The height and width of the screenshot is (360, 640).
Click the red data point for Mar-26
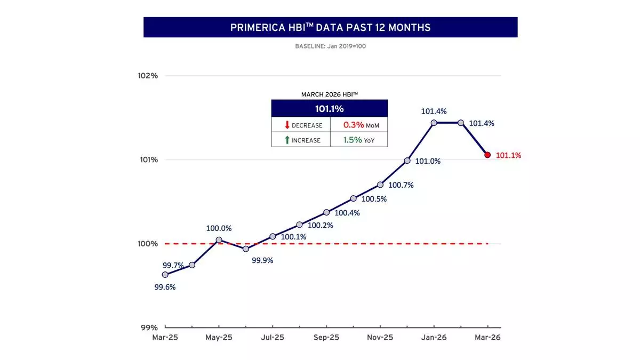point(487,155)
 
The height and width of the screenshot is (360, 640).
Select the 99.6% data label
point(165,287)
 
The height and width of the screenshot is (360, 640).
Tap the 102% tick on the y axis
point(148,76)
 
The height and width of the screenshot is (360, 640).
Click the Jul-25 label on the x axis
point(273,338)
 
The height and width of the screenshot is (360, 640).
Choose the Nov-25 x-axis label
point(380,338)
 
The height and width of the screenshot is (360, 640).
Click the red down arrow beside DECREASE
point(287,125)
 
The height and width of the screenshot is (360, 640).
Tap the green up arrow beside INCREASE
point(287,140)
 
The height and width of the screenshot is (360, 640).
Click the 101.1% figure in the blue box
point(329,109)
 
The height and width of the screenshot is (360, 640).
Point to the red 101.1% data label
point(508,156)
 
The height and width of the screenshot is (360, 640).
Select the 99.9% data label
point(262,260)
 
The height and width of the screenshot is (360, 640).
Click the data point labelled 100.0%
point(219,240)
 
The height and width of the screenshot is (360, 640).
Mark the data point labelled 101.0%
point(407,161)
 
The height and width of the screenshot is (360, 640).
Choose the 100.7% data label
point(401,185)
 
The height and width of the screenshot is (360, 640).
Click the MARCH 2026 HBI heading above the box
point(329,94)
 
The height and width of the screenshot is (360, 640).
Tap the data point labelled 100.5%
point(353,198)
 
